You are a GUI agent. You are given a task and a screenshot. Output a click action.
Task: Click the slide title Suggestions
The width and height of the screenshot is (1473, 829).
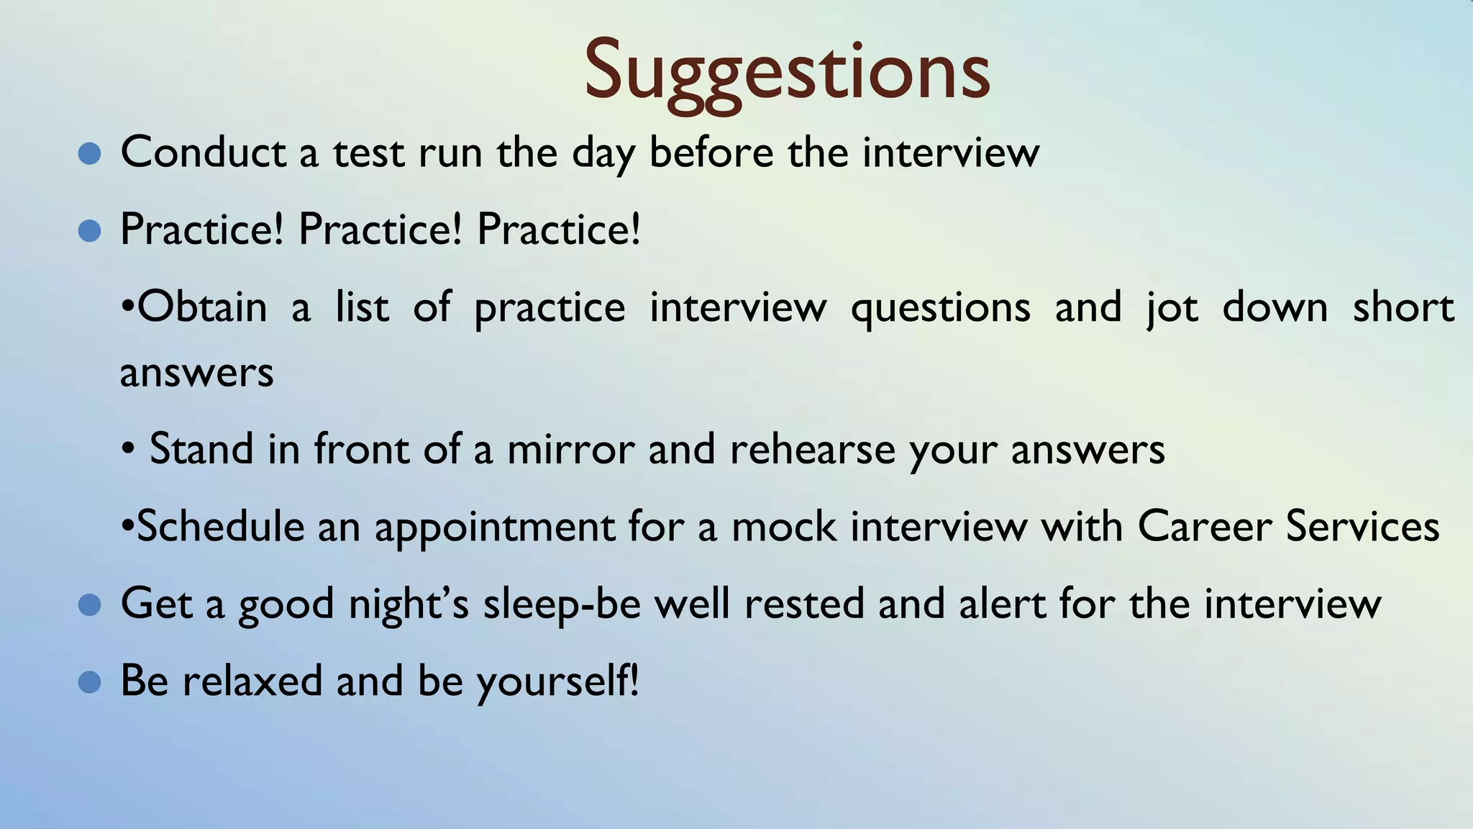787,72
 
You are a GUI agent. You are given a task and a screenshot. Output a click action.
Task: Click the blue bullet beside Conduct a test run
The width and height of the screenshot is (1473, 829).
89,153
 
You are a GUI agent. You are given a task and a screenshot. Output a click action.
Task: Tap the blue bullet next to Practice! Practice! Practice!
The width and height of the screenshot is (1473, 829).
89,231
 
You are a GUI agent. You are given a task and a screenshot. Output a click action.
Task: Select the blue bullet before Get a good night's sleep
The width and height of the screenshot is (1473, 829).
89,604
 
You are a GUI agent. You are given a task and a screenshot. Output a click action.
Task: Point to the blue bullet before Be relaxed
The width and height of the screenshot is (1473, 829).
89,681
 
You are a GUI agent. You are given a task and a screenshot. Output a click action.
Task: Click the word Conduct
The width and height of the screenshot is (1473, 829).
204,153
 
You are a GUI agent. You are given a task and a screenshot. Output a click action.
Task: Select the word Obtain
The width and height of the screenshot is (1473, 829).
201,307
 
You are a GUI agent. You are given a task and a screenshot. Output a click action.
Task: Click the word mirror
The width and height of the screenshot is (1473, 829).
570,449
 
